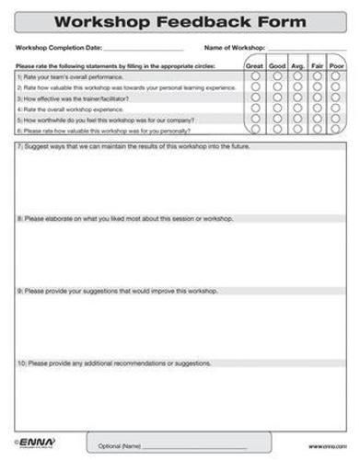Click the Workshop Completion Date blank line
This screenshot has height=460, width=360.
[x=144, y=48]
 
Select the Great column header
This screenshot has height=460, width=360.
[x=254, y=66]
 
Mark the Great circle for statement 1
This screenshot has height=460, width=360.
[x=254, y=76]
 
